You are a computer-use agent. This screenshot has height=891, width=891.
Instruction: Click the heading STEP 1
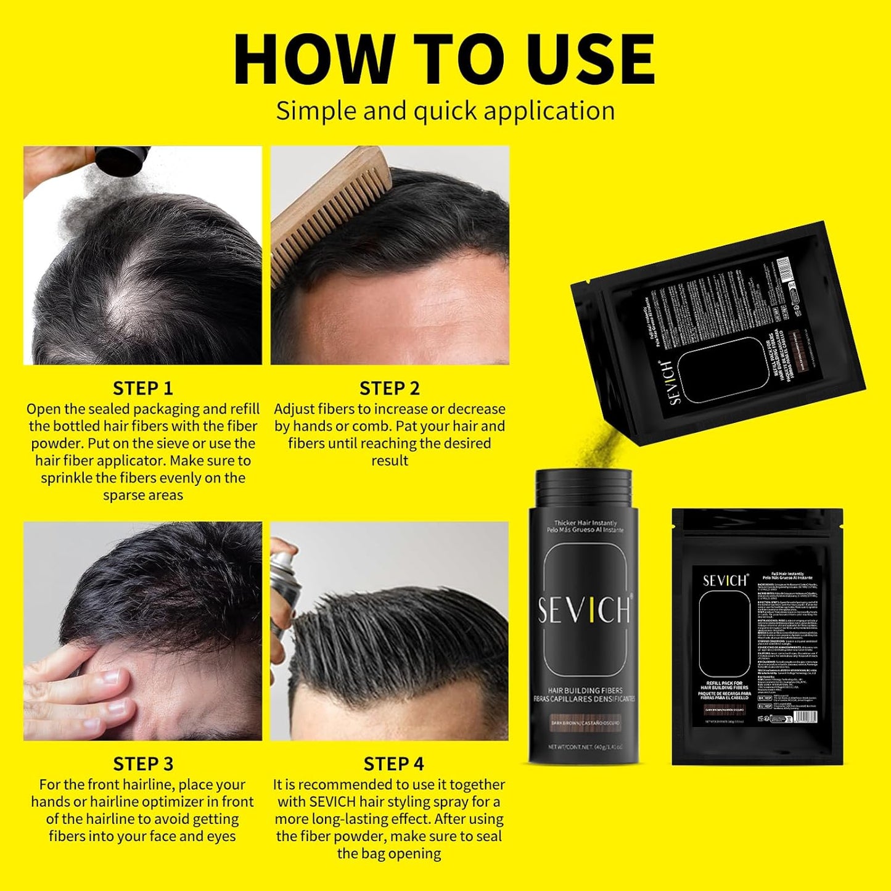143,388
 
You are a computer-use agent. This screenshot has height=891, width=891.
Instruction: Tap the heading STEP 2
390,388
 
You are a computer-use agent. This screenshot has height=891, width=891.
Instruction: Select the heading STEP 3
143,764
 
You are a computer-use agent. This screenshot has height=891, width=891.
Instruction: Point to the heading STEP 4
393,764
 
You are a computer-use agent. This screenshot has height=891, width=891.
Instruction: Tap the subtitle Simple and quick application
445,111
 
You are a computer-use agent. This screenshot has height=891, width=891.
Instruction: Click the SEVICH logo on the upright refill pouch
725,580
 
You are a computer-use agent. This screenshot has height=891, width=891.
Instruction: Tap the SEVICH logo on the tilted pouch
674,382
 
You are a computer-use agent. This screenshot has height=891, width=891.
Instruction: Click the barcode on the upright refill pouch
804,717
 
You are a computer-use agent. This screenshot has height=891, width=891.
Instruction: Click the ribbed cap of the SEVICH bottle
583,487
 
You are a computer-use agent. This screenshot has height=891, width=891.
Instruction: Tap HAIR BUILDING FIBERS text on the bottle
585,690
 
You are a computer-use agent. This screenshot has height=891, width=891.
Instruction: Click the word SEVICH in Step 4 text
333,802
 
